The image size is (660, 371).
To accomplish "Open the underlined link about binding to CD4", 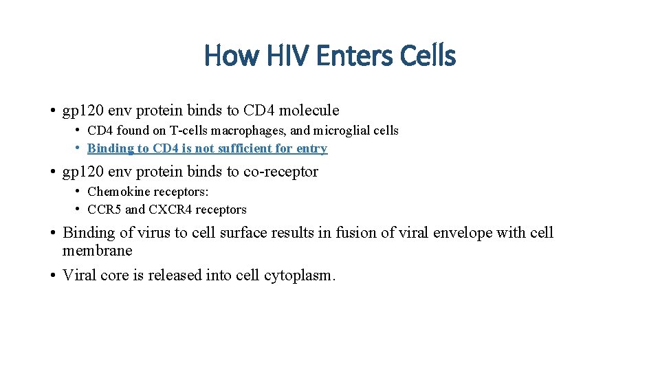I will tap(207, 148).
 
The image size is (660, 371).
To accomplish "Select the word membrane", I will tap(97, 251).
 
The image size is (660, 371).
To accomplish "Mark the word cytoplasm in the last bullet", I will tap(300, 276).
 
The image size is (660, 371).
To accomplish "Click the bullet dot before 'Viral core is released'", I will tap(52, 276).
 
